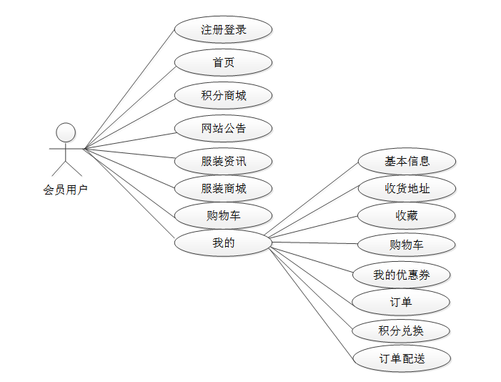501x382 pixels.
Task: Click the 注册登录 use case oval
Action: pyautogui.click(x=223, y=30)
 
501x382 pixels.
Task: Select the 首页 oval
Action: pyautogui.click(x=223, y=62)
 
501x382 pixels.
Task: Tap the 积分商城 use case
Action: pyautogui.click(x=223, y=95)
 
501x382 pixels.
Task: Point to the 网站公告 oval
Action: pyautogui.click(x=223, y=128)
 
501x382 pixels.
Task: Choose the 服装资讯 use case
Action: pyautogui.click(x=223, y=161)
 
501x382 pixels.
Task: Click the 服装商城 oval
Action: pyautogui.click(x=223, y=189)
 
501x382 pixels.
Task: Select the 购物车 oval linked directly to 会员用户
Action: pyautogui.click(x=223, y=215)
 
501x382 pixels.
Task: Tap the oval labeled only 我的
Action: pyautogui.click(x=223, y=243)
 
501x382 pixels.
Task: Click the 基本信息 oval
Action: pyautogui.click(x=407, y=161)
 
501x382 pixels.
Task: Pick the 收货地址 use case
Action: pyautogui.click(x=407, y=189)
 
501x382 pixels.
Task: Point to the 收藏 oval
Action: pyautogui.click(x=407, y=215)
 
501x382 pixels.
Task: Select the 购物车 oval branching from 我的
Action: pyautogui.click(x=407, y=245)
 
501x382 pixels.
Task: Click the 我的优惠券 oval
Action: pyautogui.click(x=402, y=274)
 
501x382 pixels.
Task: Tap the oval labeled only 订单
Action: pyautogui.click(x=401, y=302)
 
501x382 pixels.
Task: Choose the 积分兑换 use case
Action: pyautogui.click(x=401, y=330)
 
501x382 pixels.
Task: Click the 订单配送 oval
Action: pyautogui.click(x=402, y=358)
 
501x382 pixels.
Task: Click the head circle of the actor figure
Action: pyautogui.click(x=66, y=132)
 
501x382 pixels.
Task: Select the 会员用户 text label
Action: pyautogui.click(x=65, y=190)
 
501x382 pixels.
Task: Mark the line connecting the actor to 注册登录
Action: pyautogui.click(x=129, y=89)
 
